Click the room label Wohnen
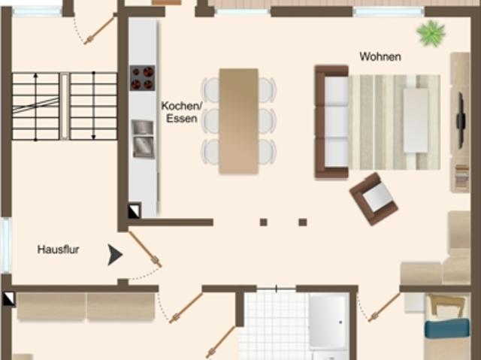point(380,56)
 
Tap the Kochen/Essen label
point(180,112)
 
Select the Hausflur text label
point(59,249)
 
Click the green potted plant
point(431,33)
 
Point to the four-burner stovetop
point(142,77)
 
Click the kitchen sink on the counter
point(143,138)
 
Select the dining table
point(239,120)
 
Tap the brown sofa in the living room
point(331,121)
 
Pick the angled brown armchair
point(374,198)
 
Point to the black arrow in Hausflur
point(114,255)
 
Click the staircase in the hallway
point(65,106)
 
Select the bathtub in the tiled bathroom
point(328,322)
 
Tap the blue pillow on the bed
point(446,329)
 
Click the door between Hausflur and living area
point(144,249)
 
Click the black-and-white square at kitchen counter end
point(134,211)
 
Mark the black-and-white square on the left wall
point(7,298)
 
